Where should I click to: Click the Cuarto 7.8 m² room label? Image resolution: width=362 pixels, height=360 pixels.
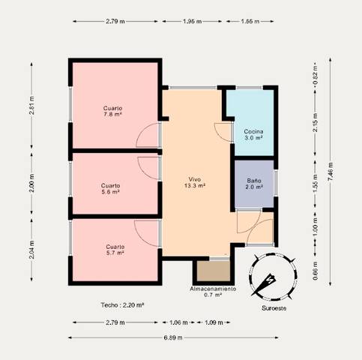(113, 112)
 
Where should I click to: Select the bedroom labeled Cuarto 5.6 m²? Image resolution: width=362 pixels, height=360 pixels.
(110, 188)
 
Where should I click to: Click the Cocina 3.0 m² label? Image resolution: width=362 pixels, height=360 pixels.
(253, 136)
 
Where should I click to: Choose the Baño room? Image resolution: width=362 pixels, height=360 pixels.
(254, 184)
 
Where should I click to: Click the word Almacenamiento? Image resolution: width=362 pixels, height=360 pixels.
(213, 289)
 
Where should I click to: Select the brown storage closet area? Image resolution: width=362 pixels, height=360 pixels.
(212, 271)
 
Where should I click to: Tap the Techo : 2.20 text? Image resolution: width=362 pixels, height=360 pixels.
(122, 305)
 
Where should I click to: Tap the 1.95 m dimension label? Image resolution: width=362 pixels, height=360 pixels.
(193, 22)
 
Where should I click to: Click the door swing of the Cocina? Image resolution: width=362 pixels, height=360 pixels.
(223, 130)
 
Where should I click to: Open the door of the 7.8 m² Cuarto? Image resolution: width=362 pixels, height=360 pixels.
(150, 136)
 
